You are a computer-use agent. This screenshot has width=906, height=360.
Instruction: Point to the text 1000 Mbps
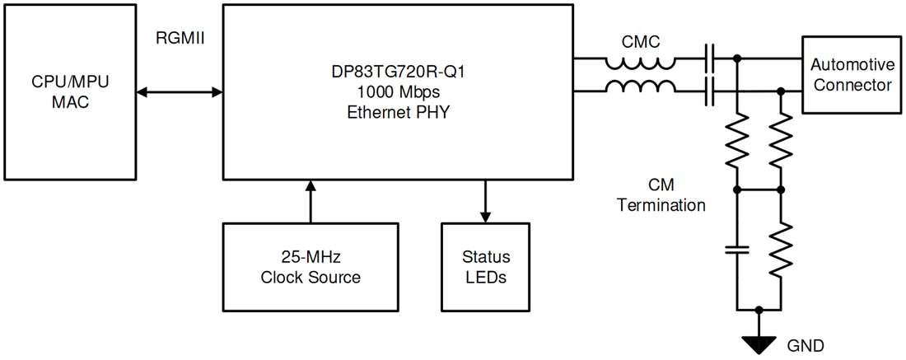[397, 91]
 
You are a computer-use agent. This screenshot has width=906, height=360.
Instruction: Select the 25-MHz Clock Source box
[311, 266]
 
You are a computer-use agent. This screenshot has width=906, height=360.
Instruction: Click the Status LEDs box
[485, 266]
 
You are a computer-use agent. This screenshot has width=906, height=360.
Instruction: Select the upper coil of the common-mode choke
[641, 63]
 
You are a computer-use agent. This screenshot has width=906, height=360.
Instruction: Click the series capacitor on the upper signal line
[710, 59]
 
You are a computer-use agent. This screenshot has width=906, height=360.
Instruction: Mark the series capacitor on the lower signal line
[710, 91]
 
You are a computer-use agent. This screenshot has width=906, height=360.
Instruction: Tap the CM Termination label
[661, 194]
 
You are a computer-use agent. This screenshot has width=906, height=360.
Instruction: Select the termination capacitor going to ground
[737, 250]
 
